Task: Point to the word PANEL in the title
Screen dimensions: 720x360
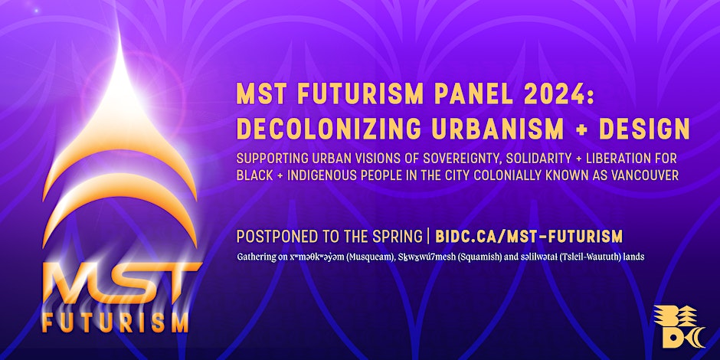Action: (468, 94)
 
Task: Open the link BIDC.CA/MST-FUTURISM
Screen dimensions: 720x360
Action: (529, 237)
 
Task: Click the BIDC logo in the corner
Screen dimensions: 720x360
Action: (679, 326)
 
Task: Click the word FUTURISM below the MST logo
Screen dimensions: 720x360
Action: (115, 322)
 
